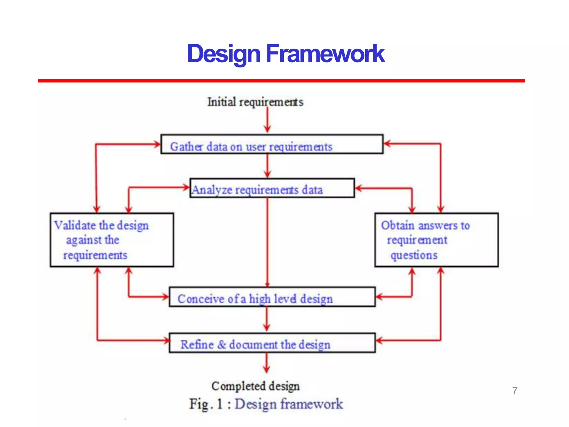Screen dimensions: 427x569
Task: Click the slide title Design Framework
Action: pos(286,54)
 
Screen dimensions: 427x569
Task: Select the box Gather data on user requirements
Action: pos(272,144)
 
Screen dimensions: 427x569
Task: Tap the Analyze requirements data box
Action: pos(272,188)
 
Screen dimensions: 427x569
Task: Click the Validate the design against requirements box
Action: pos(112,240)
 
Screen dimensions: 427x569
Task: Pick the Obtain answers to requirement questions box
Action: pos(436,240)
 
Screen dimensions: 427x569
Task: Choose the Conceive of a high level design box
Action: pos(272,297)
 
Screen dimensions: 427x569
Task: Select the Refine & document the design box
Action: pos(272,343)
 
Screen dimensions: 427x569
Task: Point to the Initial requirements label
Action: pos(255,102)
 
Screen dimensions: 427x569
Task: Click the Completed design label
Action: pos(255,386)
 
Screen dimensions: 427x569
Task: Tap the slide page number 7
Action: pos(515,391)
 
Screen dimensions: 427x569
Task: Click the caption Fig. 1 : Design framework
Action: pos(266,404)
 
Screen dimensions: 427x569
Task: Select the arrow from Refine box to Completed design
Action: pos(267,363)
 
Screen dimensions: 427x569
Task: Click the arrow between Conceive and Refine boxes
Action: pos(267,319)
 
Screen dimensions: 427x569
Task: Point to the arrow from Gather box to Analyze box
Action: pos(267,166)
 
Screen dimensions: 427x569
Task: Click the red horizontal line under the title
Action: pos(281,81)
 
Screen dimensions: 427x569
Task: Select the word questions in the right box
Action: pos(414,255)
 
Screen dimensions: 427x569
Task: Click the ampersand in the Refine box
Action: pos(221,345)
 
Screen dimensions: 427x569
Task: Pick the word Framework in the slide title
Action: pos(325,54)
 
